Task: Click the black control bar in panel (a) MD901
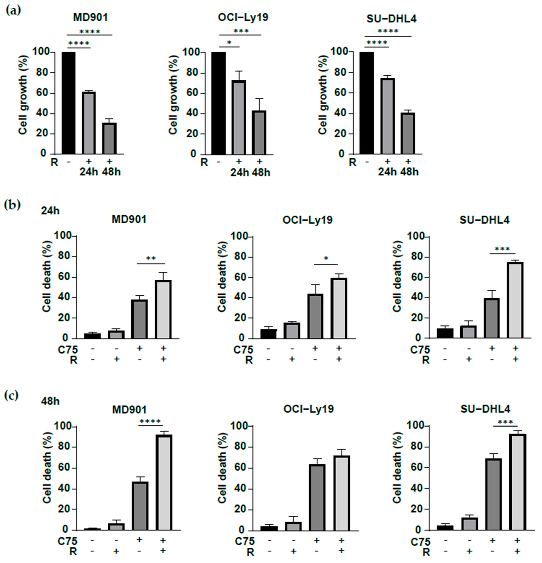68,103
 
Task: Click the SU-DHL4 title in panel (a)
391,19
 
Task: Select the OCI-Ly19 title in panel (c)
308,409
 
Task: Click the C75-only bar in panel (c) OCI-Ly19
317,497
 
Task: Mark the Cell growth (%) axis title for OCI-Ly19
173,95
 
